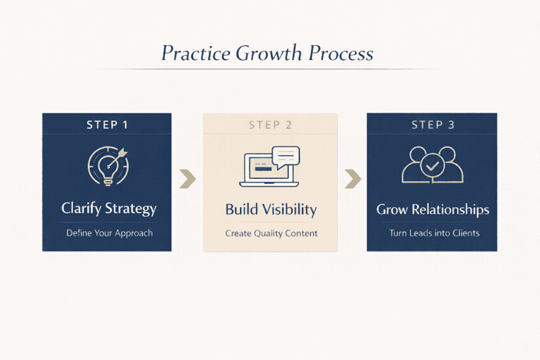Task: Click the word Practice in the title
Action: (195, 53)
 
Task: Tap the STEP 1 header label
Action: (107, 125)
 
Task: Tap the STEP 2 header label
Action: (270, 125)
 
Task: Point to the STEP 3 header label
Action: (433, 125)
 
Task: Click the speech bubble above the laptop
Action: (285, 156)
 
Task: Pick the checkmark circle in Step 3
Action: (432, 166)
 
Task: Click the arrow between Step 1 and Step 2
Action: (187, 179)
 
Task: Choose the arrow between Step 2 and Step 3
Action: (352, 179)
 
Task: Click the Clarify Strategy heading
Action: (108, 209)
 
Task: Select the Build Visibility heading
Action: (271, 210)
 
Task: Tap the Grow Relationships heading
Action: (433, 209)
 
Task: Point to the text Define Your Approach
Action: (109, 234)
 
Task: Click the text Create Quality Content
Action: (271, 234)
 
